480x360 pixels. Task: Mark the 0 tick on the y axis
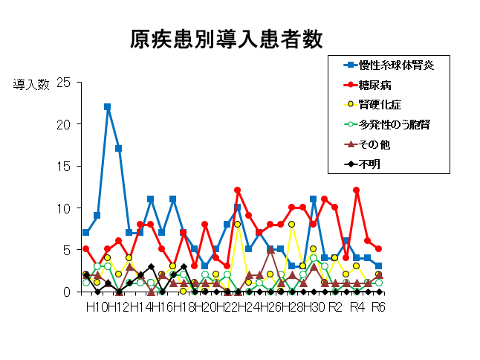tap(67, 292)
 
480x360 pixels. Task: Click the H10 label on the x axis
tap(96, 306)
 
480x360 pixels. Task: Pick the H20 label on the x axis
tap(204, 306)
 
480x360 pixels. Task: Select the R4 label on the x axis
tap(357, 306)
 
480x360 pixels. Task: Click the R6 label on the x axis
tap(378, 306)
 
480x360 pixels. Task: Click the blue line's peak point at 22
tap(108, 107)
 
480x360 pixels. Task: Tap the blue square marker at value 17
tap(118, 149)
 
